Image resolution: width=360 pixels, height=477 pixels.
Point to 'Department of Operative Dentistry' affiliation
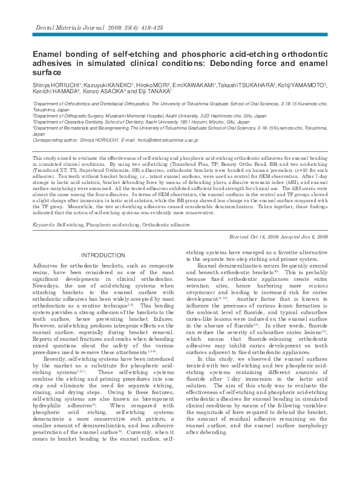coord(65,122)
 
